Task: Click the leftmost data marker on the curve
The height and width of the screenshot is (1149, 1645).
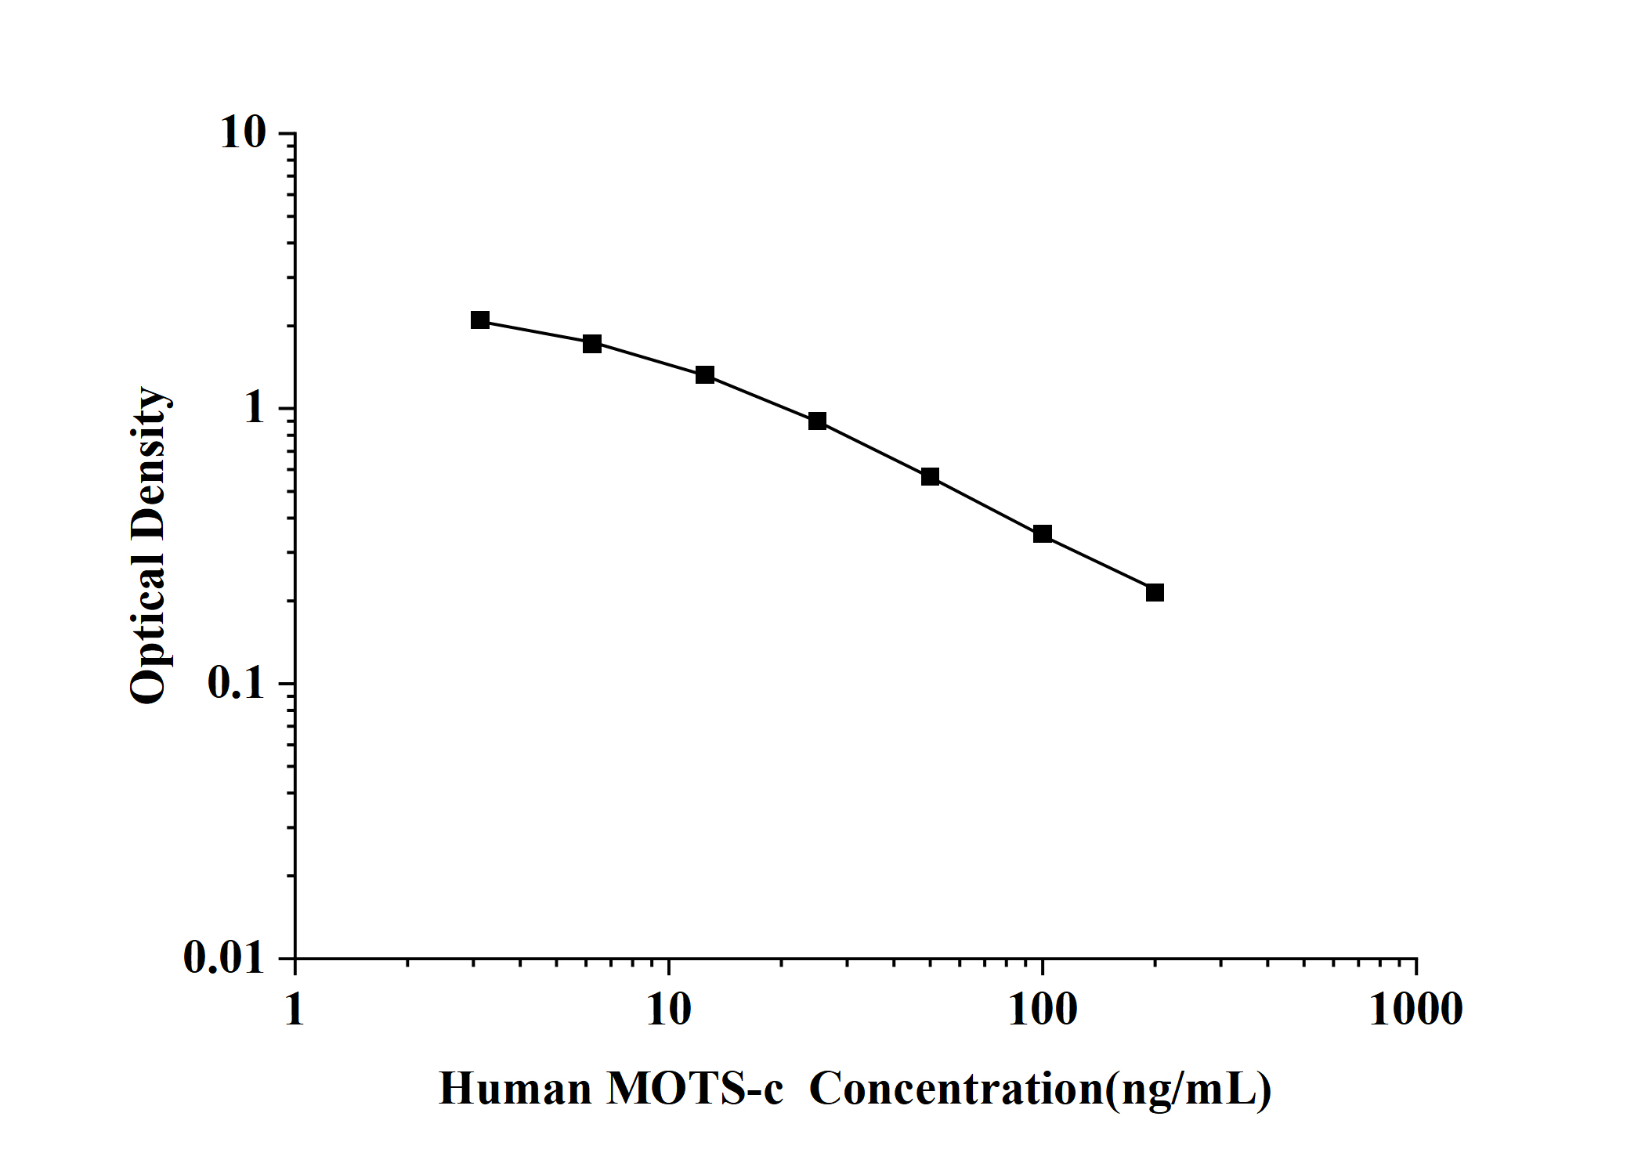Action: point(480,320)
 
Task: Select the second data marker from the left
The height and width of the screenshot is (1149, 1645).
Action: point(592,344)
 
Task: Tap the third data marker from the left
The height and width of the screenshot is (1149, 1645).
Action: point(705,375)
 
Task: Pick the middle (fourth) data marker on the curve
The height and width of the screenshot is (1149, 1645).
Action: point(817,421)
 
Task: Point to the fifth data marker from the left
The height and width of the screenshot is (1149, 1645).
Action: point(930,477)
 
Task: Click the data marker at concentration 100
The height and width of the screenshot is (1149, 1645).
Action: point(1042,534)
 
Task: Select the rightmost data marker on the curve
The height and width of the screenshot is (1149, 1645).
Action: point(1155,593)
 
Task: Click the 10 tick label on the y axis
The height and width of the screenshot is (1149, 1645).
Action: point(243,133)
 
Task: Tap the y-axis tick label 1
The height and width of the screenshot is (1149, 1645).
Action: point(255,409)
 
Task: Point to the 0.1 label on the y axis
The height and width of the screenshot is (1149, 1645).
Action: point(237,684)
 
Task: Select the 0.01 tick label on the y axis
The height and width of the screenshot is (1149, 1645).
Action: point(225,958)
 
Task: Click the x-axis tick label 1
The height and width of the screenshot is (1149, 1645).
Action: point(295,1010)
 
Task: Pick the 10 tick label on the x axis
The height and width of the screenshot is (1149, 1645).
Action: point(669,1010)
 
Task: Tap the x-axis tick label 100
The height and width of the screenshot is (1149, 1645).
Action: point(1043,1010)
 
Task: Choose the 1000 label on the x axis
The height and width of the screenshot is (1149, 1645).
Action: point(1415,1010)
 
